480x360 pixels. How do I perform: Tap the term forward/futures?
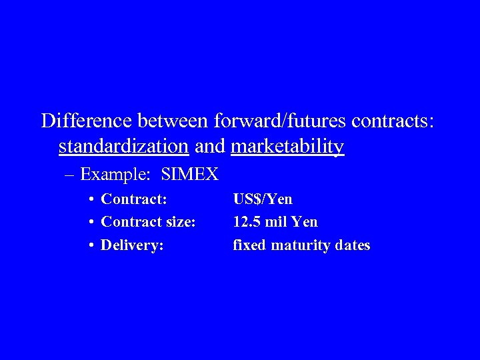pos(280,121)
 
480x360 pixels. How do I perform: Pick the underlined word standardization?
pos(123,146)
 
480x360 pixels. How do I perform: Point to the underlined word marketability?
pos(287,146)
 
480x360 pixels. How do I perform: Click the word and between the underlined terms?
pos(210,146)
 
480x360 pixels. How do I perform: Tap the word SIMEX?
pos(190,175)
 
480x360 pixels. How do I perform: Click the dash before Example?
pos(70,175)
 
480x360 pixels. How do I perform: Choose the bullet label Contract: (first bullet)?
pos(134,199)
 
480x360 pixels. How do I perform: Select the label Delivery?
pos(132,245)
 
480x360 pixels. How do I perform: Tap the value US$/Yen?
pos(263,199)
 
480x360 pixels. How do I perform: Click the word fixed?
pos(248,245)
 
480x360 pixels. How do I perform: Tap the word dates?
pos(353,245)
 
